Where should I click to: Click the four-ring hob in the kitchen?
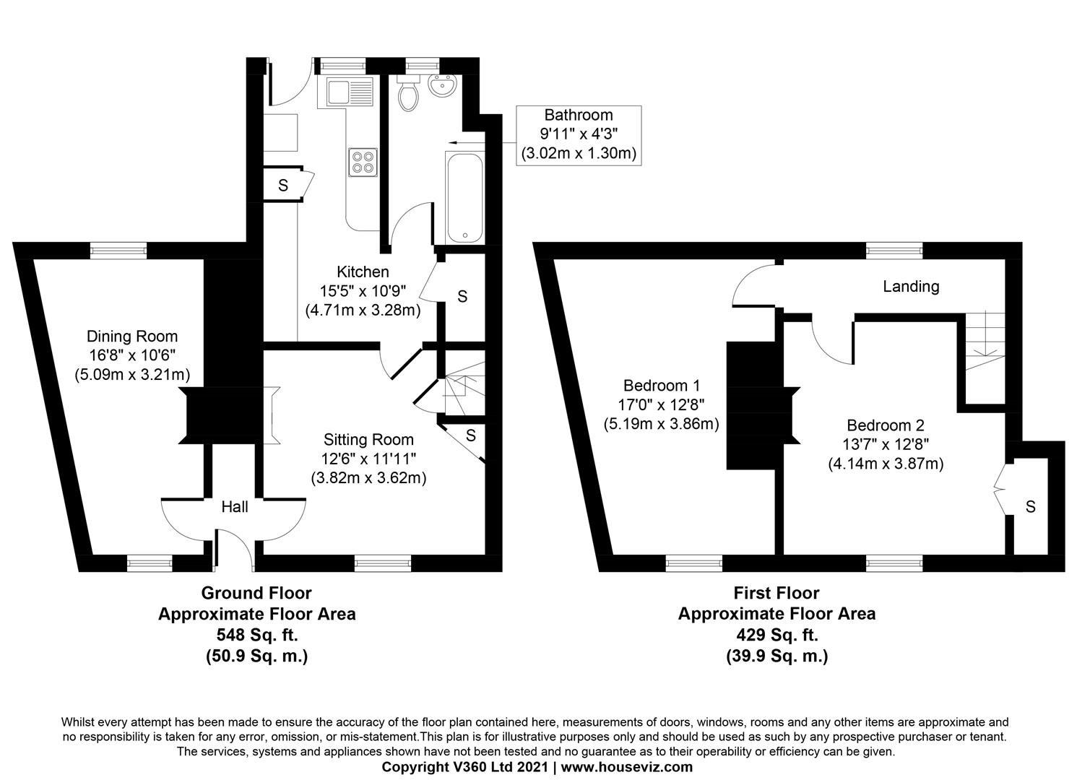pyautogui.click(x=363, y=162)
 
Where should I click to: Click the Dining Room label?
pyautogui.click(x=132, y=337)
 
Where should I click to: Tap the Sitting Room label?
pyautogui.click(x=368, y=440)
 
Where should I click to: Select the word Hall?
pyautogui.click(x=235, y=507)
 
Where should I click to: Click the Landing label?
pyautogui.click(x=911, y=287)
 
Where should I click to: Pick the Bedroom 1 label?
pyautogui.click(x=662, y=386)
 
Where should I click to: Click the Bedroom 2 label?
pyautogui.click(x=886, y=425)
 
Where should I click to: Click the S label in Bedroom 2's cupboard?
pyautogui.click(x=1030, y=507)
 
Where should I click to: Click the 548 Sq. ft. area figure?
pyautogui.click(x=256, y=636)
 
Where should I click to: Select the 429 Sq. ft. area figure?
pyautogui.click(x=777, y=636)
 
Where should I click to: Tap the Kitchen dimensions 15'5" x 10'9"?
pyautogui.click(x=363, y=291)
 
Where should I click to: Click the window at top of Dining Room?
pyautogui.click(x=118, y=251)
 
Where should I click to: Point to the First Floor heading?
pyautogui.click(x=777, y=594)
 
